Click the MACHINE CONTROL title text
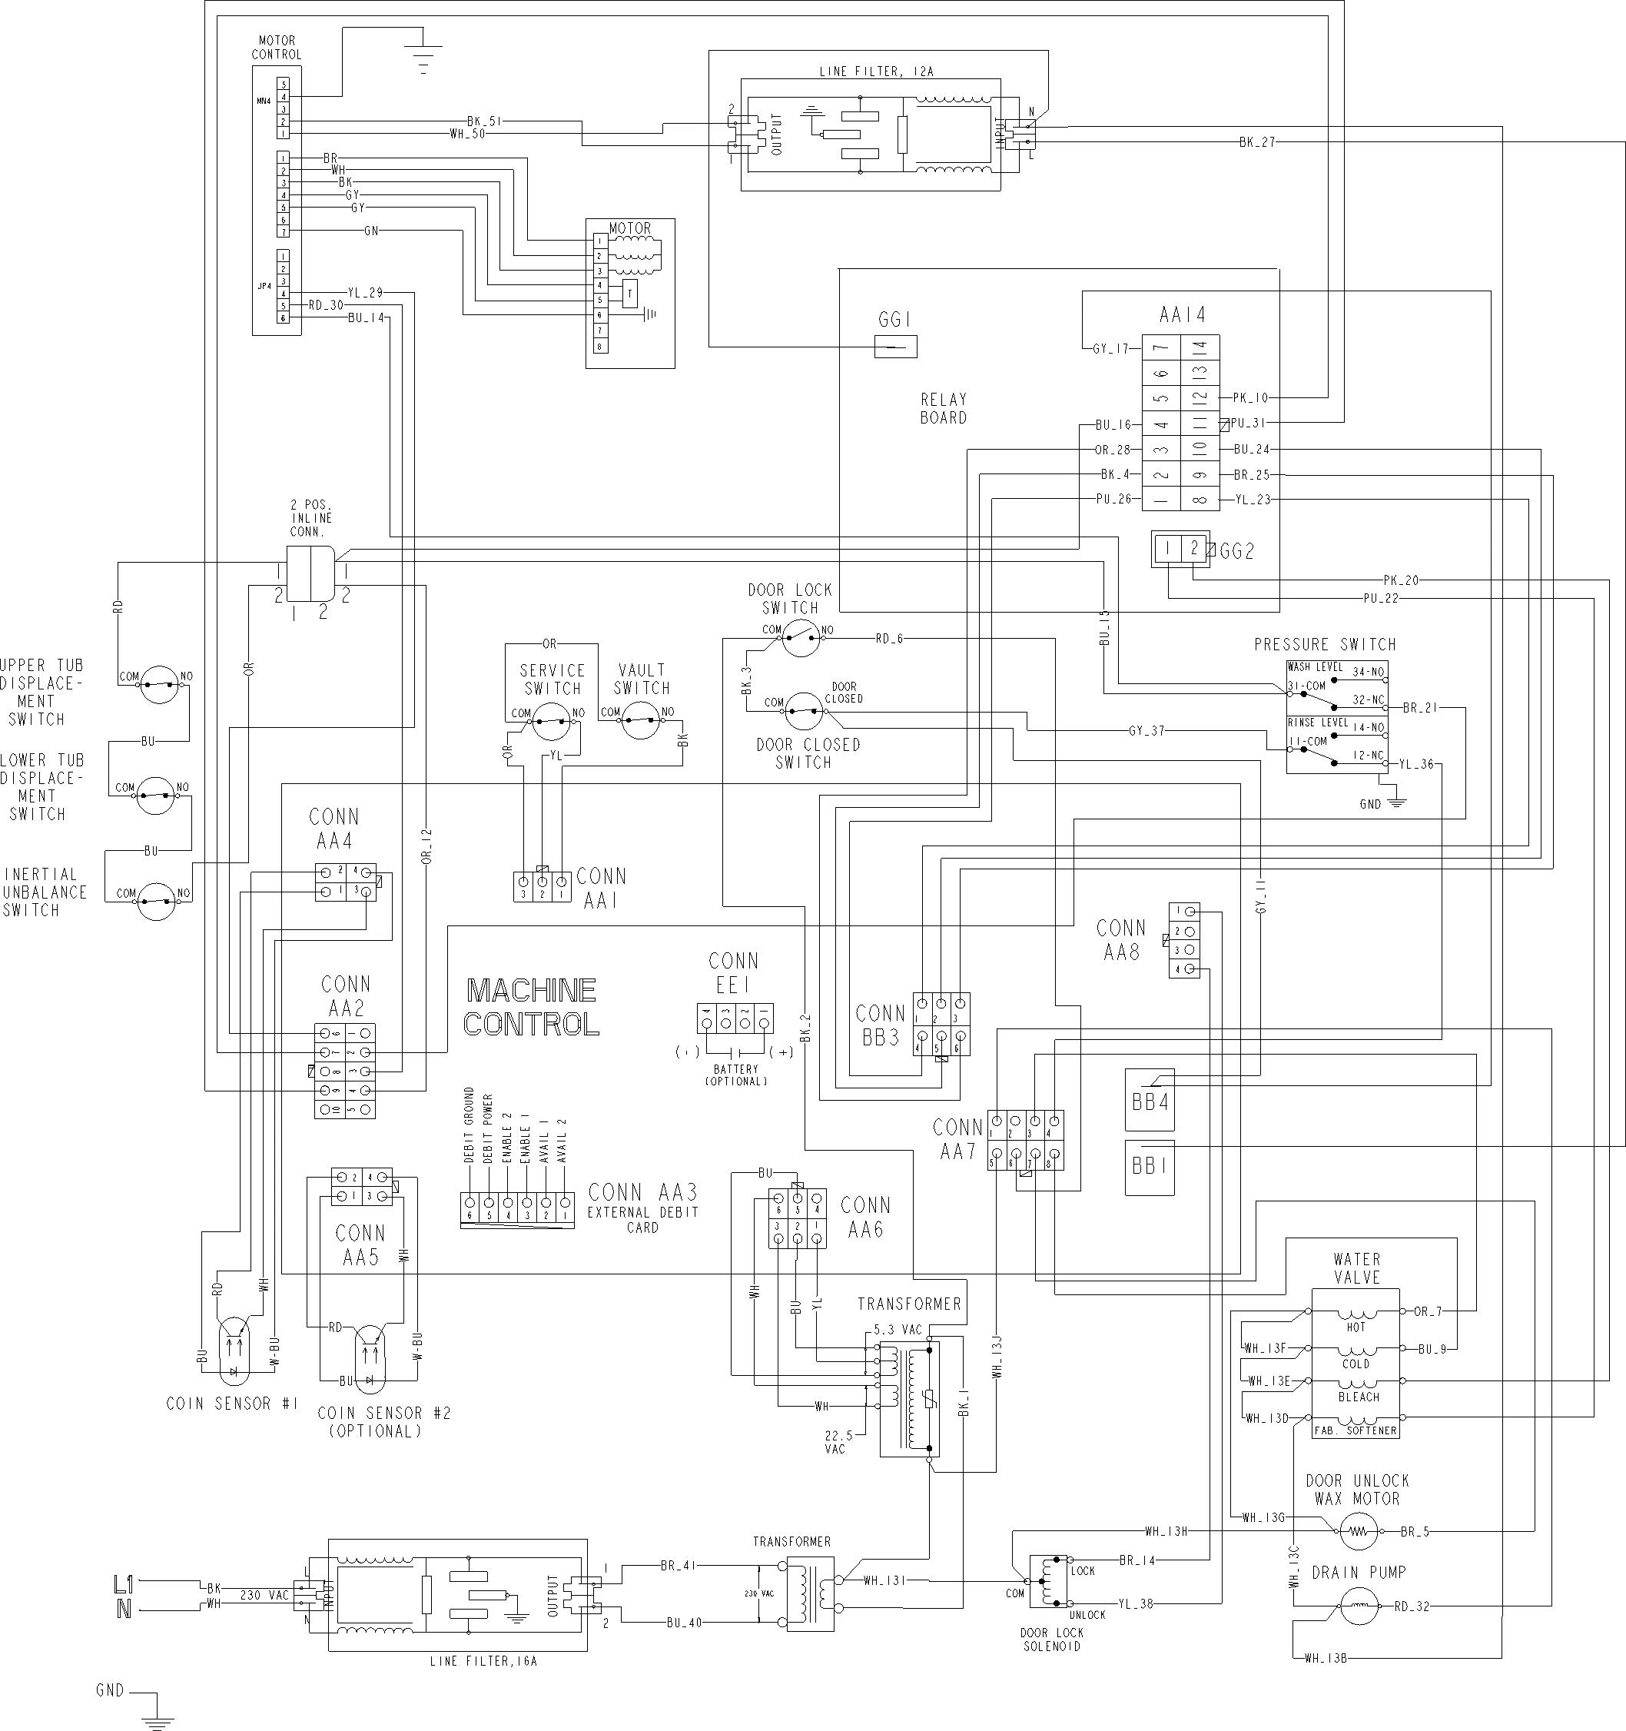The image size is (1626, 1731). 531,1007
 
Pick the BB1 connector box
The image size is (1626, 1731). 1149,1165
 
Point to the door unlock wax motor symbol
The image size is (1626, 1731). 1359,1530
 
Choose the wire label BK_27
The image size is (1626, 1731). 1257,142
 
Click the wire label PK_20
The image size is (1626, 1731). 1401,580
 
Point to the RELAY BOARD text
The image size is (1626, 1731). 944,408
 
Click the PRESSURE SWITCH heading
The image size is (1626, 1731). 1324,644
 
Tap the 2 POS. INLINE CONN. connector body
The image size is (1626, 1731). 310,573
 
